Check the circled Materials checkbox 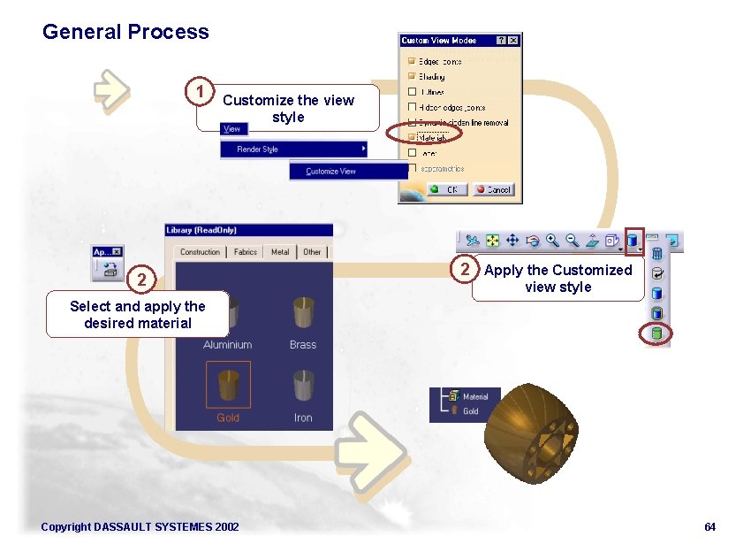tap(412, 137)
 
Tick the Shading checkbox tap(412, 77)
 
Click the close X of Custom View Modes tap(513, 41)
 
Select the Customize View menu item tap(330, 172)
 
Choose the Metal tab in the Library tap(280, 252)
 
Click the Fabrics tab tap(246, 252)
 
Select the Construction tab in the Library tap(200, 252)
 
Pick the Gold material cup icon tap(228, 384)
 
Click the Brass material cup tap(303, 313)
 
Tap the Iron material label tap(303, 418)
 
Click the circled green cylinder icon tap(656, 334)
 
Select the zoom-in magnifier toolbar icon tap(552, 240)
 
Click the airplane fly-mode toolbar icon tap(473, 240)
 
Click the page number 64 tap(709, 527)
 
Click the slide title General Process tap(125, 32)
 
